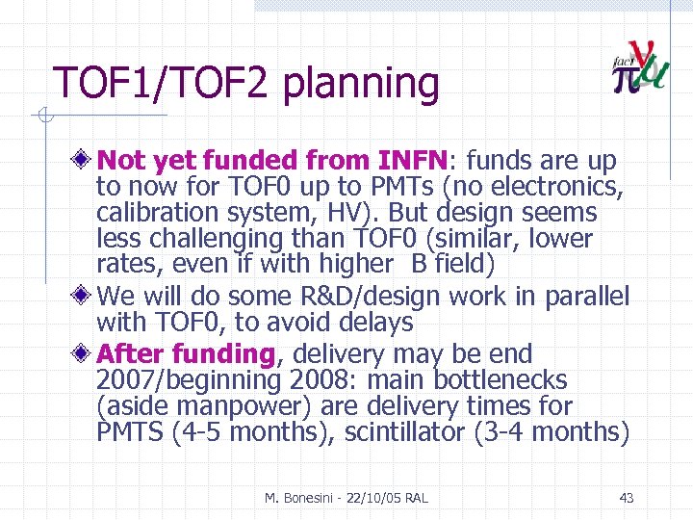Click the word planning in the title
[x=361, y=85]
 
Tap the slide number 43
[x=626, y=498]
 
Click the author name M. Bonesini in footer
[x=302, y=498]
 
